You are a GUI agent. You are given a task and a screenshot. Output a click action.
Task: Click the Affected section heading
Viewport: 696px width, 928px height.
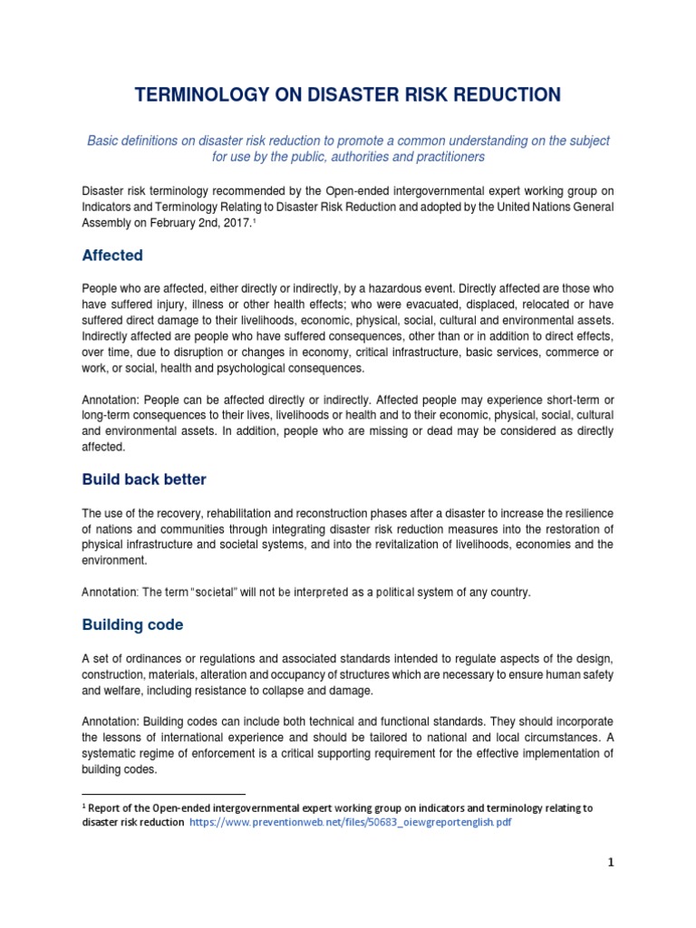112,256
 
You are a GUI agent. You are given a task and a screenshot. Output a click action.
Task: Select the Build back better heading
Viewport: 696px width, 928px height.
144,478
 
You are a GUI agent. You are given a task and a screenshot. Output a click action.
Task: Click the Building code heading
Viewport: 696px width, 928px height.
132,625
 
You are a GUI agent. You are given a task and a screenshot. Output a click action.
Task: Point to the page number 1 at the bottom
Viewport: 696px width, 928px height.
611,862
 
